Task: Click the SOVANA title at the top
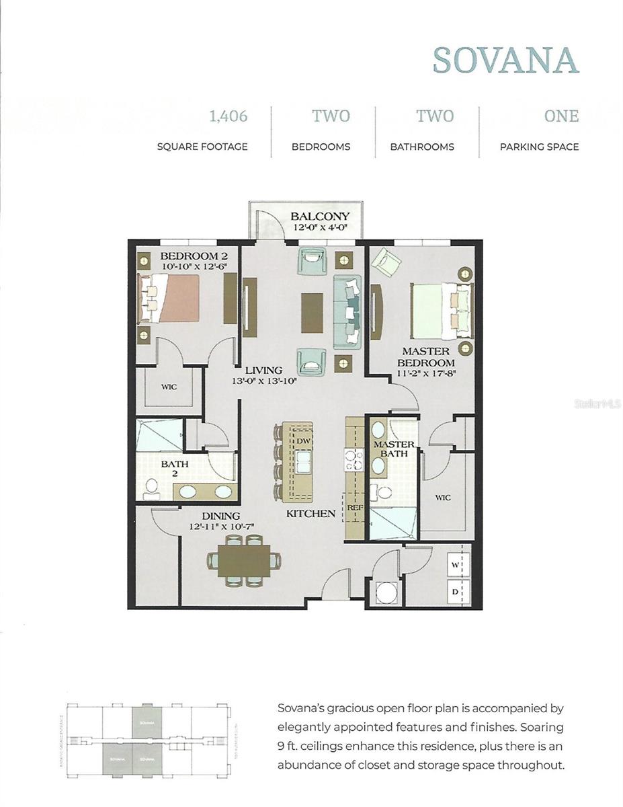click(x=505, y=60)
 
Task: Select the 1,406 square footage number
click(x=229, y=116)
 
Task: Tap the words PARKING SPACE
click(x=539, y=147)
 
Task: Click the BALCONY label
click(x=320, y=217)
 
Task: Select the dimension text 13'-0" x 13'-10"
click(x=263, y=381)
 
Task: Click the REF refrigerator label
click(x=355, y=508)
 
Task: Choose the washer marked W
click(x=455, y=565)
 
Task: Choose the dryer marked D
click(x=455, y=592)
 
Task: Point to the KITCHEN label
click(x=310, y=513)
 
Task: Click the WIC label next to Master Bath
click(x=442, y=498)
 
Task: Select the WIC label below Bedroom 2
click(x=168, y=387)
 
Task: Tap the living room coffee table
click(x=312, y=312)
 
